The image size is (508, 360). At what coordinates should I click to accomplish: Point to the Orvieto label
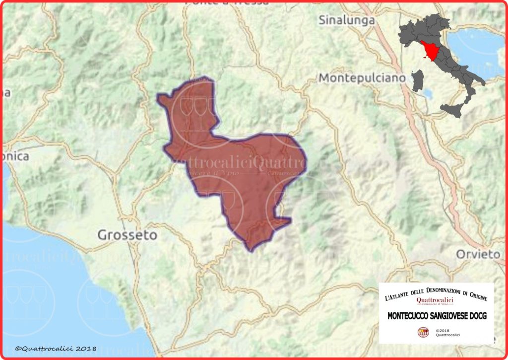[478, 254]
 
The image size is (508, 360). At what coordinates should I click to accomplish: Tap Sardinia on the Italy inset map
[418, 80]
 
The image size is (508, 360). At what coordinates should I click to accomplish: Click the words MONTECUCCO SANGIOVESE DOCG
[437, 315]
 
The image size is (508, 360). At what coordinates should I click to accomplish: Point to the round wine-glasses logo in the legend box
[423, 333]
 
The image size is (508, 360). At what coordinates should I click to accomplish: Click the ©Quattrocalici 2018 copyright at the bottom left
[55, 349]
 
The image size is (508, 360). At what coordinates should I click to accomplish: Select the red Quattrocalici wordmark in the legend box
[435, 300]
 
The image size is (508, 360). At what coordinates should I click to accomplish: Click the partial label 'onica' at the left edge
[15, 156]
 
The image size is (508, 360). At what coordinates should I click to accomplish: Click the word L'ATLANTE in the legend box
[396, 297]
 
